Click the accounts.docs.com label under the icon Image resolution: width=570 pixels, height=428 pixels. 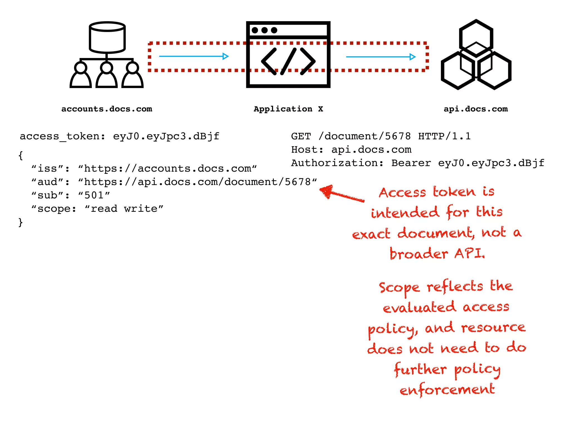[x=107, y=109]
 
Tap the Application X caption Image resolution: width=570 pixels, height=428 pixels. [x=288, y=109]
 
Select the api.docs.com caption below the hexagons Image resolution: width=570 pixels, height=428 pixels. [x=476, y=109]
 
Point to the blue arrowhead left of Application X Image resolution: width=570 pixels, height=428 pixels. [x=225, y=56]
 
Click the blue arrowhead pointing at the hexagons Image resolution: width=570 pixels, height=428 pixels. [x=412, y=57]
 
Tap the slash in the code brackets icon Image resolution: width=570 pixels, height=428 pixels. [x=288, y=61]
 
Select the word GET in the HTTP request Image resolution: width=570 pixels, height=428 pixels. [x=301, y=136]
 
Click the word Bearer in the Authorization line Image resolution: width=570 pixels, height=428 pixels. [x=411, y=163]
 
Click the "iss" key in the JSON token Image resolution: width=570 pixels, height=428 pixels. [x=47, y=169]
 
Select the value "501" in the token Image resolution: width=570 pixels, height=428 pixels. [x=94, y=195]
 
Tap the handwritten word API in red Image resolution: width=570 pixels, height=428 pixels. [x=470, y=254]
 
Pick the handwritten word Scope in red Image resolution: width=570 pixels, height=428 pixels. [x=399, y=288]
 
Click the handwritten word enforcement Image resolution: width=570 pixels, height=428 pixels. [x=447, y=390]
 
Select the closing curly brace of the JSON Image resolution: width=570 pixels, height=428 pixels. [x=20, y=222]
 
